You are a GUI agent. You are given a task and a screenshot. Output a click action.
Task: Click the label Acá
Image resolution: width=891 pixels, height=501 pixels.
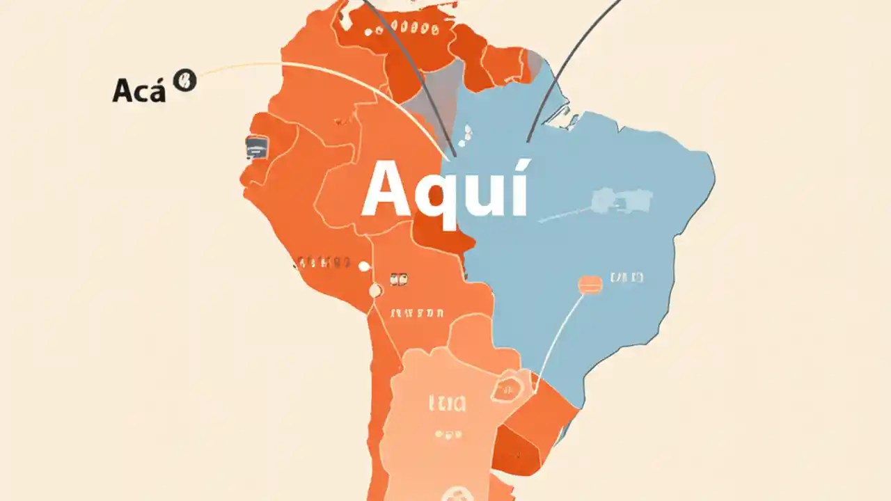[x=139, y=90]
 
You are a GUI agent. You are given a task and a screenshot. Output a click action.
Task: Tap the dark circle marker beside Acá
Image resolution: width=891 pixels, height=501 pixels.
[x=185, y=81]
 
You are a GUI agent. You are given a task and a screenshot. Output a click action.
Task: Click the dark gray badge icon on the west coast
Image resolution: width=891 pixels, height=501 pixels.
[x=257, y=147]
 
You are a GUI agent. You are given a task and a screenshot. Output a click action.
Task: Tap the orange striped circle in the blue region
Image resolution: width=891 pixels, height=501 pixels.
[x=590, y=283]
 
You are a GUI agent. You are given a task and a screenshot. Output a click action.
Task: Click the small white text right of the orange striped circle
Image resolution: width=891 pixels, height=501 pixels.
[x=626, y=278]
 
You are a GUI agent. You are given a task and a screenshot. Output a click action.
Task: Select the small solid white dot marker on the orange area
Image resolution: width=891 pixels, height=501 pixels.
[x=363, y=266]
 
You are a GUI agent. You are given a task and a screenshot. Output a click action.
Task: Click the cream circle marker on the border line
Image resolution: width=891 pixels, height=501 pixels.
[x=375, y=290]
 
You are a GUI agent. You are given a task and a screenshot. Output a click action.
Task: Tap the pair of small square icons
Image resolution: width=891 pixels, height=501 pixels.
[x=399, y=280]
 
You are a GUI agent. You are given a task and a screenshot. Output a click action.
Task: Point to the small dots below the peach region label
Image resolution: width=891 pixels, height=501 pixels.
[x=448, y=434]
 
